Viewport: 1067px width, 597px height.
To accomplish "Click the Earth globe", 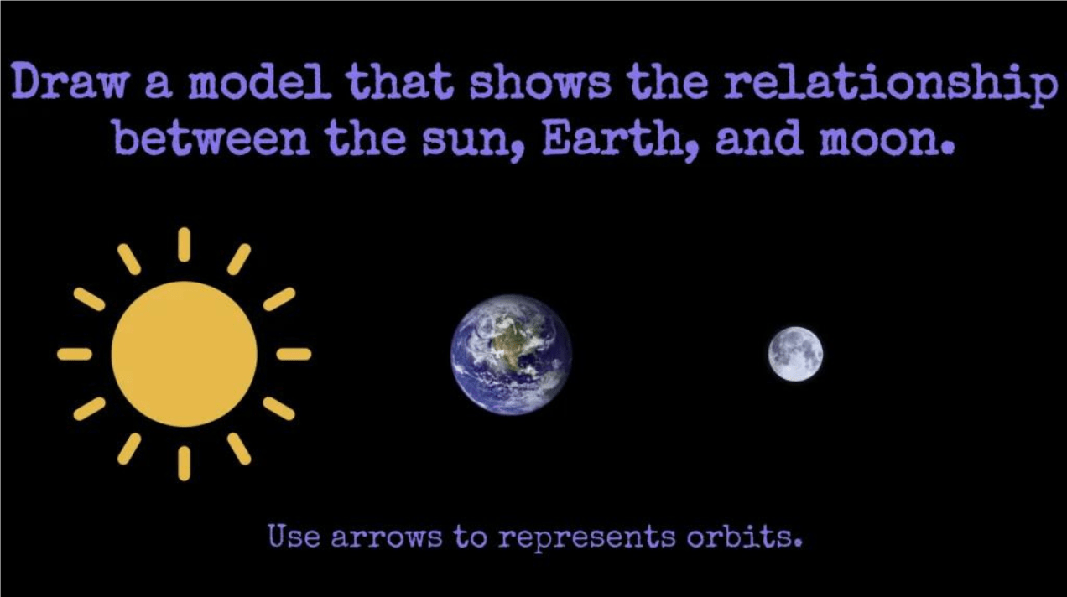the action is click(x=511, y=354).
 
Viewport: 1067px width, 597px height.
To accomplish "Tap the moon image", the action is click(x=795, y=354).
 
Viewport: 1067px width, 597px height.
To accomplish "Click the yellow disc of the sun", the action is click(x=185, y=354).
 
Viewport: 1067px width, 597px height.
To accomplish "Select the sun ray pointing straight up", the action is click(x=185, y=245).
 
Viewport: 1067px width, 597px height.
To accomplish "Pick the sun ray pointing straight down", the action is click(x=185, y=463).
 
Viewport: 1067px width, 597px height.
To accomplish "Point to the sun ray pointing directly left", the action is click(x=75, y=354).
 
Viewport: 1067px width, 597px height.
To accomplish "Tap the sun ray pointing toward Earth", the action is click(x=294, y=354).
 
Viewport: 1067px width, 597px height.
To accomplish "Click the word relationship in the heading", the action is click(x=890, y=85).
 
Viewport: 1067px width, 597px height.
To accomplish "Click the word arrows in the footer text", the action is click(x=387, y=537).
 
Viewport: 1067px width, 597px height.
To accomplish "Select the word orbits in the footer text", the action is click(x=744, y=536).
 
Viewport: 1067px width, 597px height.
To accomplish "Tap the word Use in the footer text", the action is click(x=294, y=536).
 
